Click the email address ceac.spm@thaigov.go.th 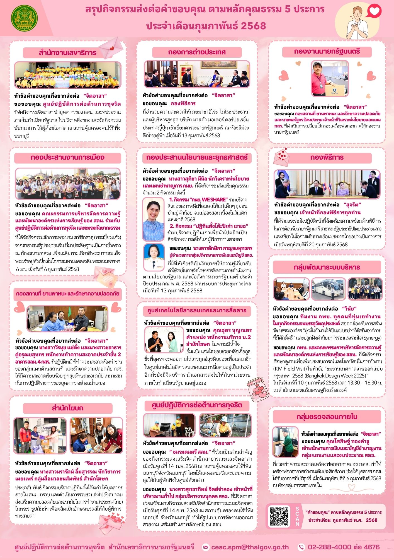point(250,547)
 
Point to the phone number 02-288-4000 point(330,547)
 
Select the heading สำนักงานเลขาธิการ point(67,52)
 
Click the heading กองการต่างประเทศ point(197,52)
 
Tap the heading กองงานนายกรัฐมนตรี point(327,52)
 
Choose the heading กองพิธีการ point(327,157)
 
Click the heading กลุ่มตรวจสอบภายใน point(327,417)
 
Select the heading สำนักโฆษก point(67,408)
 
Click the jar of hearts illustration point(257,389)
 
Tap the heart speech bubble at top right point(374,11)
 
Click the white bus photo point(329,289)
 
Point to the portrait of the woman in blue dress point(153,219)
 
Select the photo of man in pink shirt point(330,78)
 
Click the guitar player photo point(169,425)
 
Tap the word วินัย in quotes point(349,309)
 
